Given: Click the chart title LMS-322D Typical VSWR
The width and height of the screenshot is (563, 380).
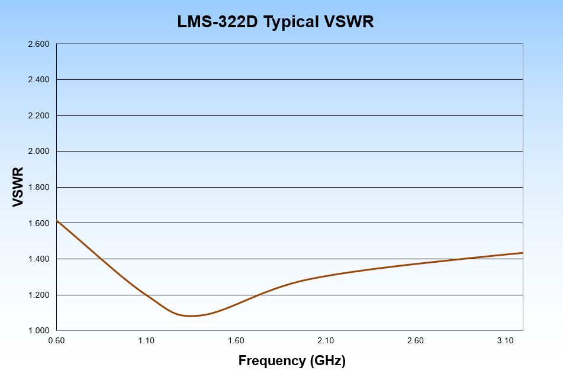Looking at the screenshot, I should coord(276,22).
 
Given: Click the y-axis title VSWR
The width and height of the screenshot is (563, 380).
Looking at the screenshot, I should coord(18,187).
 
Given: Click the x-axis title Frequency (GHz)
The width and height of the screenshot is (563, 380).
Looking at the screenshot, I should coord(292,360).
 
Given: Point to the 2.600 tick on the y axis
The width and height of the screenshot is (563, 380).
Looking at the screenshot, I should coord(38,44).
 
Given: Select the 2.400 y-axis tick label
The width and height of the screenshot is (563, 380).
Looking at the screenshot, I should coord(38,80).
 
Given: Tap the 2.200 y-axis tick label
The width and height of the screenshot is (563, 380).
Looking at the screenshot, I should coord(38,115).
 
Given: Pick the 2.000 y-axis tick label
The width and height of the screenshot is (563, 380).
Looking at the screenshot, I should coord(38,152).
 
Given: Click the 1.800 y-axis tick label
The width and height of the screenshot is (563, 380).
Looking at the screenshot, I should coord(38,188).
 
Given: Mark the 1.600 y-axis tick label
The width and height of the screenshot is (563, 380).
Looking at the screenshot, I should coord(38,223).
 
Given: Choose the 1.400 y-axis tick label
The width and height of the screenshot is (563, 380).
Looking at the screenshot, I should coord(38,259).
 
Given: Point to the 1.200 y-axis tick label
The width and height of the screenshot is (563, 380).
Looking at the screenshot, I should coord(38,295).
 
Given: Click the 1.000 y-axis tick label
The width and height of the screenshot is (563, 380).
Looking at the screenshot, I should coord(38,330).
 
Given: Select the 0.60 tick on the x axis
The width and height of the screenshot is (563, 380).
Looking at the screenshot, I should coord(56,340).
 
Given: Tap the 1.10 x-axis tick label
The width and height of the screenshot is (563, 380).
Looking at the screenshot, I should coord(146,340).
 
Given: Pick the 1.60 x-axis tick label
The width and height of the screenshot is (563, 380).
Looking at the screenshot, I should coord(236,340).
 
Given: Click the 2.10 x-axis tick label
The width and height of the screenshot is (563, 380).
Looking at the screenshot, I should coord(326,340).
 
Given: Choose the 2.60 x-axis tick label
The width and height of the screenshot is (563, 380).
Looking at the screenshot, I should coord(416,340).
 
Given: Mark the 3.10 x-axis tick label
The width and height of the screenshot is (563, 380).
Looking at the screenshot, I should coord(505,340).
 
